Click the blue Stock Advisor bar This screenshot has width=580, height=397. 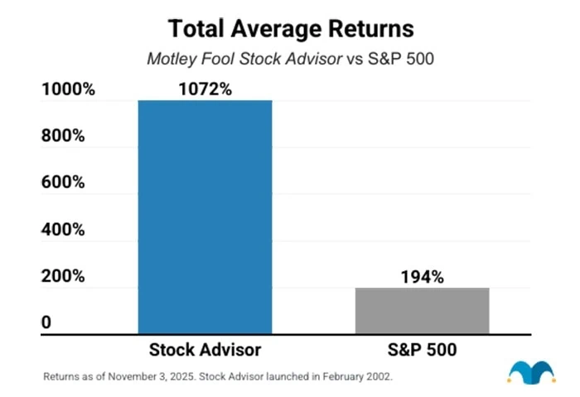(205, 217)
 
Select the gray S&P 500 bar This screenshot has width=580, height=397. (423, 311)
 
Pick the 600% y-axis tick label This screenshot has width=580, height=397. (64, 182)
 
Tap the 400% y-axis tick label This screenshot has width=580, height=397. (64, 230)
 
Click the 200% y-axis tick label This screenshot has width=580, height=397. (64, 276)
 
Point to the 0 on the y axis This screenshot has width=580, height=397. (46, 322)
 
